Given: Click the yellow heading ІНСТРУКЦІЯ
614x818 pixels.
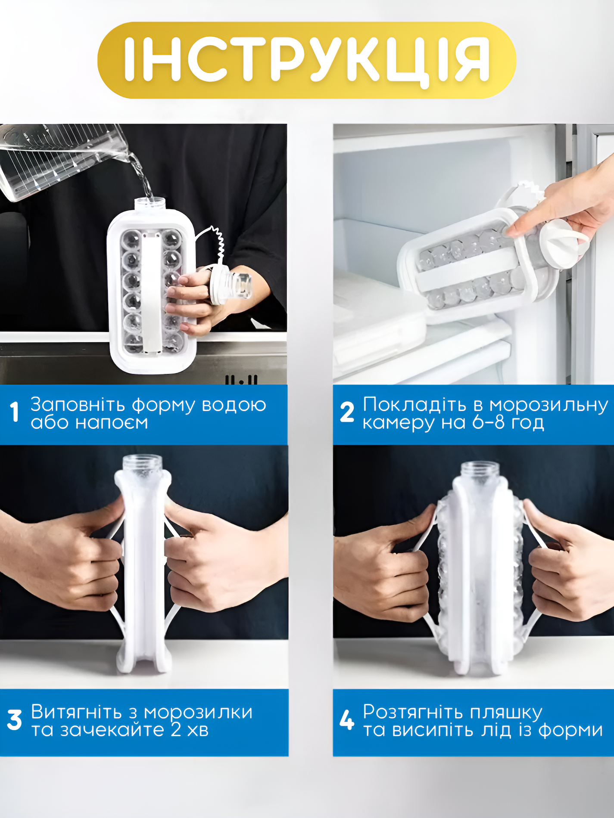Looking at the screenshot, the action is pos(307,60).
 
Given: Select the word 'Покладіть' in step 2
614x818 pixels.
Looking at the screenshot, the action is pos(415,405).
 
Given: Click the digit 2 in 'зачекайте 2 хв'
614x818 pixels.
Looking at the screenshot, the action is pos(176,730).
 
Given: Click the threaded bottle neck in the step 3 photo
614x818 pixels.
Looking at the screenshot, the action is pos(143,465).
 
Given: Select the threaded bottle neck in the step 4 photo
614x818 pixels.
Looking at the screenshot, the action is pos(480,471).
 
